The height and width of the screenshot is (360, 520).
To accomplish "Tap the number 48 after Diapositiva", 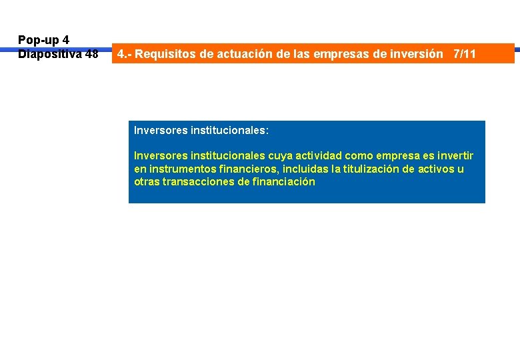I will click(x=91, y=54).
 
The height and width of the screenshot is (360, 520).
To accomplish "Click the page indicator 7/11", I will click(x=464, y=54).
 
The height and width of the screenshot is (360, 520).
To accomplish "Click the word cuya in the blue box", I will click(x=281, y=155).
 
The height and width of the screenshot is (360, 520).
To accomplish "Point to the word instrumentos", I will click(x=176, y=169).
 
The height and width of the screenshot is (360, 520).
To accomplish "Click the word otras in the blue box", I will click(x=147, y=181).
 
